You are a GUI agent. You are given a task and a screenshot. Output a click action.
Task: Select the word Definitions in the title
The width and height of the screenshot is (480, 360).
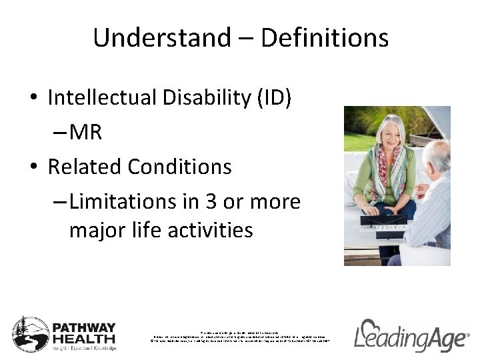[325, 38]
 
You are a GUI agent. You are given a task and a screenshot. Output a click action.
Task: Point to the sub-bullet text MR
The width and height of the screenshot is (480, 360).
[85, 132]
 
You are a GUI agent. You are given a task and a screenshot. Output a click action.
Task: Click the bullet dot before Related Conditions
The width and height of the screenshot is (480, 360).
[33, 167]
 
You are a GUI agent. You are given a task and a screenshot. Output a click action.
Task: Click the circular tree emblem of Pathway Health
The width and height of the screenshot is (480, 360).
[31, 334]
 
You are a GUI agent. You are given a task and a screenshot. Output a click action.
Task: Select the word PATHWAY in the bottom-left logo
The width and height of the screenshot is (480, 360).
[85, 327]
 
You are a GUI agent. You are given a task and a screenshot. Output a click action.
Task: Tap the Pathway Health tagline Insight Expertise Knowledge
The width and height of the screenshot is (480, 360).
[85, 348]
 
